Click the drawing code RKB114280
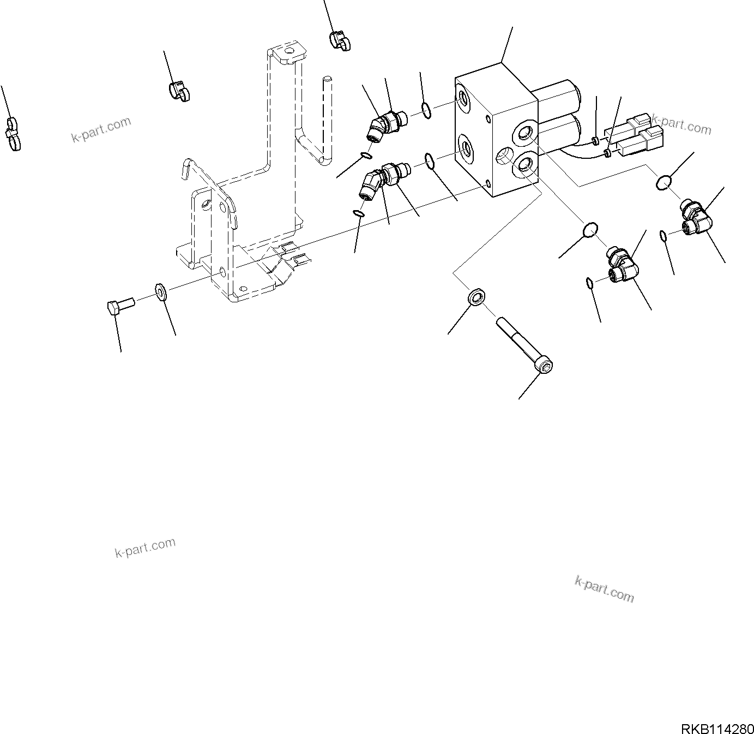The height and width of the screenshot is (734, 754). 716,729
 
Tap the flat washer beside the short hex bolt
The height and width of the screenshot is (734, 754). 161,291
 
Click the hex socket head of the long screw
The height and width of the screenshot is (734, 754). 545,366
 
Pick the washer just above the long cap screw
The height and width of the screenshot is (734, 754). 476,298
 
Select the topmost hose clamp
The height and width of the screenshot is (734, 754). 339,41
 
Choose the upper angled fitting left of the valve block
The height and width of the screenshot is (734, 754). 384,124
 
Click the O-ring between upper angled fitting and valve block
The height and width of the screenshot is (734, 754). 427,111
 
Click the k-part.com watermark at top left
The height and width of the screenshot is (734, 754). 101,129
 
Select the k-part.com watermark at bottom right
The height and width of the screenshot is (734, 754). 605,589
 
